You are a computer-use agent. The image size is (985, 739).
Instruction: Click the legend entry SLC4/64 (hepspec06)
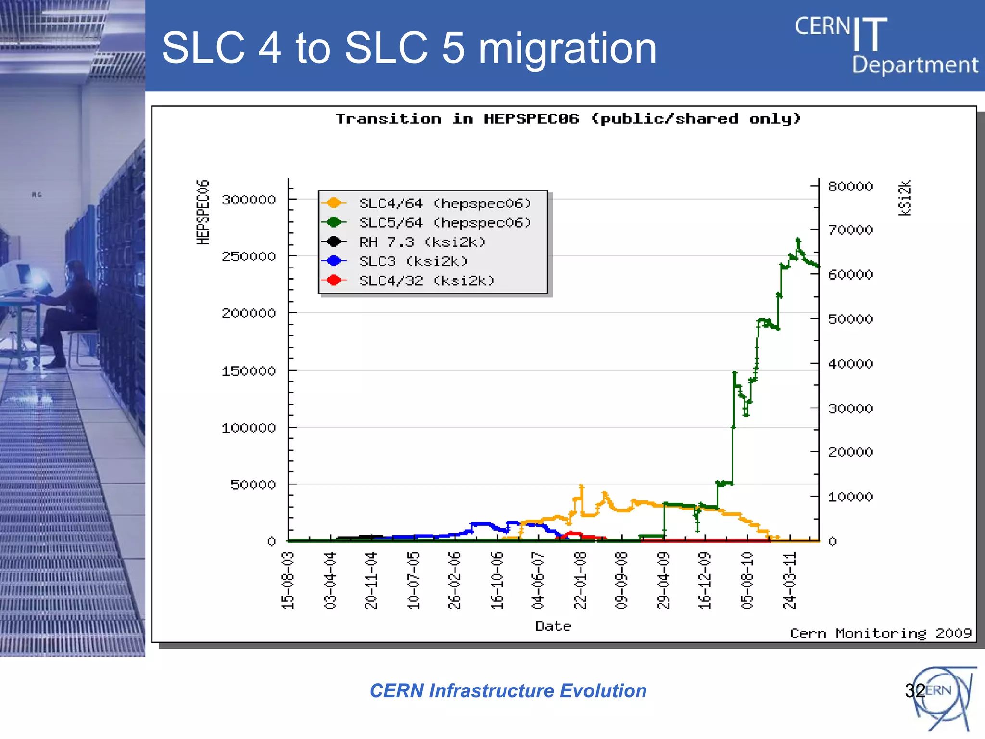[444, 204]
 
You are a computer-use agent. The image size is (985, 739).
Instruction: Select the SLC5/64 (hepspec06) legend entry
[444, 223]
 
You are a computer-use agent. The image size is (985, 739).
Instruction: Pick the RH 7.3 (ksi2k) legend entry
[422, 242]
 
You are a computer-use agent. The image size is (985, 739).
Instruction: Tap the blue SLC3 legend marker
[334, 261]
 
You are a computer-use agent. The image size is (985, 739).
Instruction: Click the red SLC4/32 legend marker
[334, 280]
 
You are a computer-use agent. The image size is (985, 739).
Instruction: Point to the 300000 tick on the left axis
[249, 200]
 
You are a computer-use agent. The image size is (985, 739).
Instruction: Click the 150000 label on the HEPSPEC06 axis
[249, 371]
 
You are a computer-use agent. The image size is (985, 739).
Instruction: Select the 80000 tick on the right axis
[850, 186]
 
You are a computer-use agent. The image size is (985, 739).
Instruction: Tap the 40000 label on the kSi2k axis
[850, 364]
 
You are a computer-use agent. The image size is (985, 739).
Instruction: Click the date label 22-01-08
[581, 581]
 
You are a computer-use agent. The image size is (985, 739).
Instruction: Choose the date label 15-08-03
[288, 581]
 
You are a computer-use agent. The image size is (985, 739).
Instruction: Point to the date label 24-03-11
[789, 581]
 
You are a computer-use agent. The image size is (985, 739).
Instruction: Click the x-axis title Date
[553, 626]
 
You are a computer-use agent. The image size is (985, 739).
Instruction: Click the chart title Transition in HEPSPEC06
[568, 119]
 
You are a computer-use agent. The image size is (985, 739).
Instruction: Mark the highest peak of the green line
[798, 239]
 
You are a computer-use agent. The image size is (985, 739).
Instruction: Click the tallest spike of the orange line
[581, 486]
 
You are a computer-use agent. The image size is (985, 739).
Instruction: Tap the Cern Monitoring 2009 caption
[880, 633]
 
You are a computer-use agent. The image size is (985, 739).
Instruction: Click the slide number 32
[914, 690]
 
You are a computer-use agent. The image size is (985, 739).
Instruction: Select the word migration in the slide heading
[568, 48]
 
